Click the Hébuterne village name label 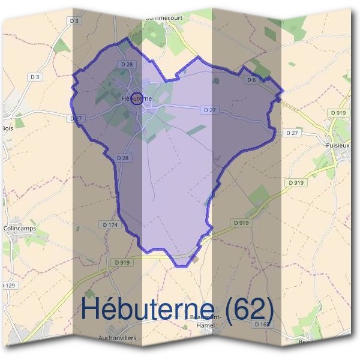(x=136, y=98)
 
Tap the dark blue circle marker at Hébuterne (x=137, y=98)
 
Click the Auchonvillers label (x=118, y=338)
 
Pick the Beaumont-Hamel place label (x=206, y=321)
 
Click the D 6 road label (x=251, y=80)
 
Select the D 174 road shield (x=110, y=224)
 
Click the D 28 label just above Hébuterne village (x=126, y=64)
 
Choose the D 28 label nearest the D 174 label (x=122, y=157)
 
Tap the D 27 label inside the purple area (x=209, y=110)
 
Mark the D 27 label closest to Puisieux (x=292, y=132)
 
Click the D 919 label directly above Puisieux (x=338, y=112)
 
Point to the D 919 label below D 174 (x=121, y=262)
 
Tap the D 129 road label (x=7, y=285)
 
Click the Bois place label (x=7, y=128)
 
